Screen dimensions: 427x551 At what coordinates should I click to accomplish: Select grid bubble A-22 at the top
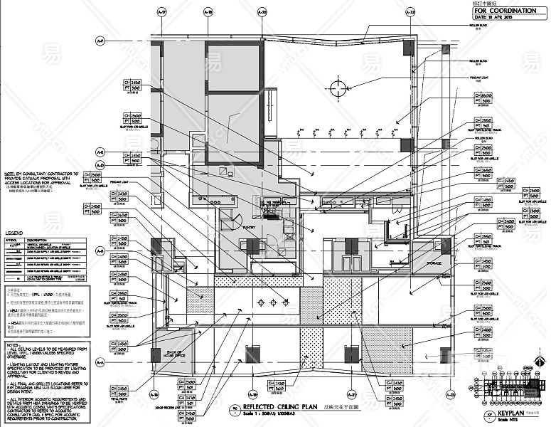click(410, 12)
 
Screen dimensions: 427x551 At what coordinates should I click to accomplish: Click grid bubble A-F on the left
click(100, 41)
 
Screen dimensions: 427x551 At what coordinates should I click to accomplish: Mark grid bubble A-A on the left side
click(100, 363)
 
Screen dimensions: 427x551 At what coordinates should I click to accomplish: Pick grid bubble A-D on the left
click(100, 165)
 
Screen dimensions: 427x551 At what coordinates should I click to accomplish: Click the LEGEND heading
click(14, 233)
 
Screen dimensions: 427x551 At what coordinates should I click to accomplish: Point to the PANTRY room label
click(249, 228)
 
